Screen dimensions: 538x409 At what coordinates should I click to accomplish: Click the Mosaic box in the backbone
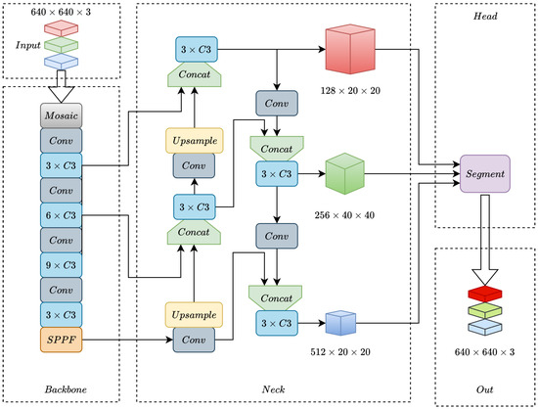tap(61, 115)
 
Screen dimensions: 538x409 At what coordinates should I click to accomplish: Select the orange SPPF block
tap(61, 340)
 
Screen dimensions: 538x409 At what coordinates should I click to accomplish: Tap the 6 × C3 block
tap(61, 215)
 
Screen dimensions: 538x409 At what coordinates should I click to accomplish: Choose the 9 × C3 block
tap(61, 265)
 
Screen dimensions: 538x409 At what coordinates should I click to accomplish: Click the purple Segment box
tap(485, 173)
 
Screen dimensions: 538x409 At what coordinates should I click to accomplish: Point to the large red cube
tap(350, 49)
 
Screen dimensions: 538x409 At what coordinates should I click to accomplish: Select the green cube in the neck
tap(344, 173)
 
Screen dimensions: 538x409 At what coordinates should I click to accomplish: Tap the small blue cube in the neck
tap(340, 323)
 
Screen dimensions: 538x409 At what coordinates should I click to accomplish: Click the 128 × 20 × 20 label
tap(350, 91)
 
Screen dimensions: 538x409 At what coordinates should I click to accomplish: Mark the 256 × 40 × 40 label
tap(344, 215)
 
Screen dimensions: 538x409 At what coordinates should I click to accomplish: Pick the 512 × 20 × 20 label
tap(340, 351)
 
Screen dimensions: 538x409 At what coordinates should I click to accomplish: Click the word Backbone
tap(66, 389)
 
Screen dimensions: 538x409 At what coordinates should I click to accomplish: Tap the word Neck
tap(274, 389)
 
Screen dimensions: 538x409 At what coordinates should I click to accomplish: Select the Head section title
tap(485, 16)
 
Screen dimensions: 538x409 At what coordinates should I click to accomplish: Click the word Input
tap(27, 45)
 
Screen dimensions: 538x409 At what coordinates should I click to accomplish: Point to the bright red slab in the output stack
tap(485, 294)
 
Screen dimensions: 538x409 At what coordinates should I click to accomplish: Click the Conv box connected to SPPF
tap(194, 340)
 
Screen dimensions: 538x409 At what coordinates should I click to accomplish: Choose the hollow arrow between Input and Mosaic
tap(61, 86)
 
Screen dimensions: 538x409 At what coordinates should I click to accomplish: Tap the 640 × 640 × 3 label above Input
tap(61, 12)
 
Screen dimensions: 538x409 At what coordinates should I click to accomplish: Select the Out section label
tap(484, 389)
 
